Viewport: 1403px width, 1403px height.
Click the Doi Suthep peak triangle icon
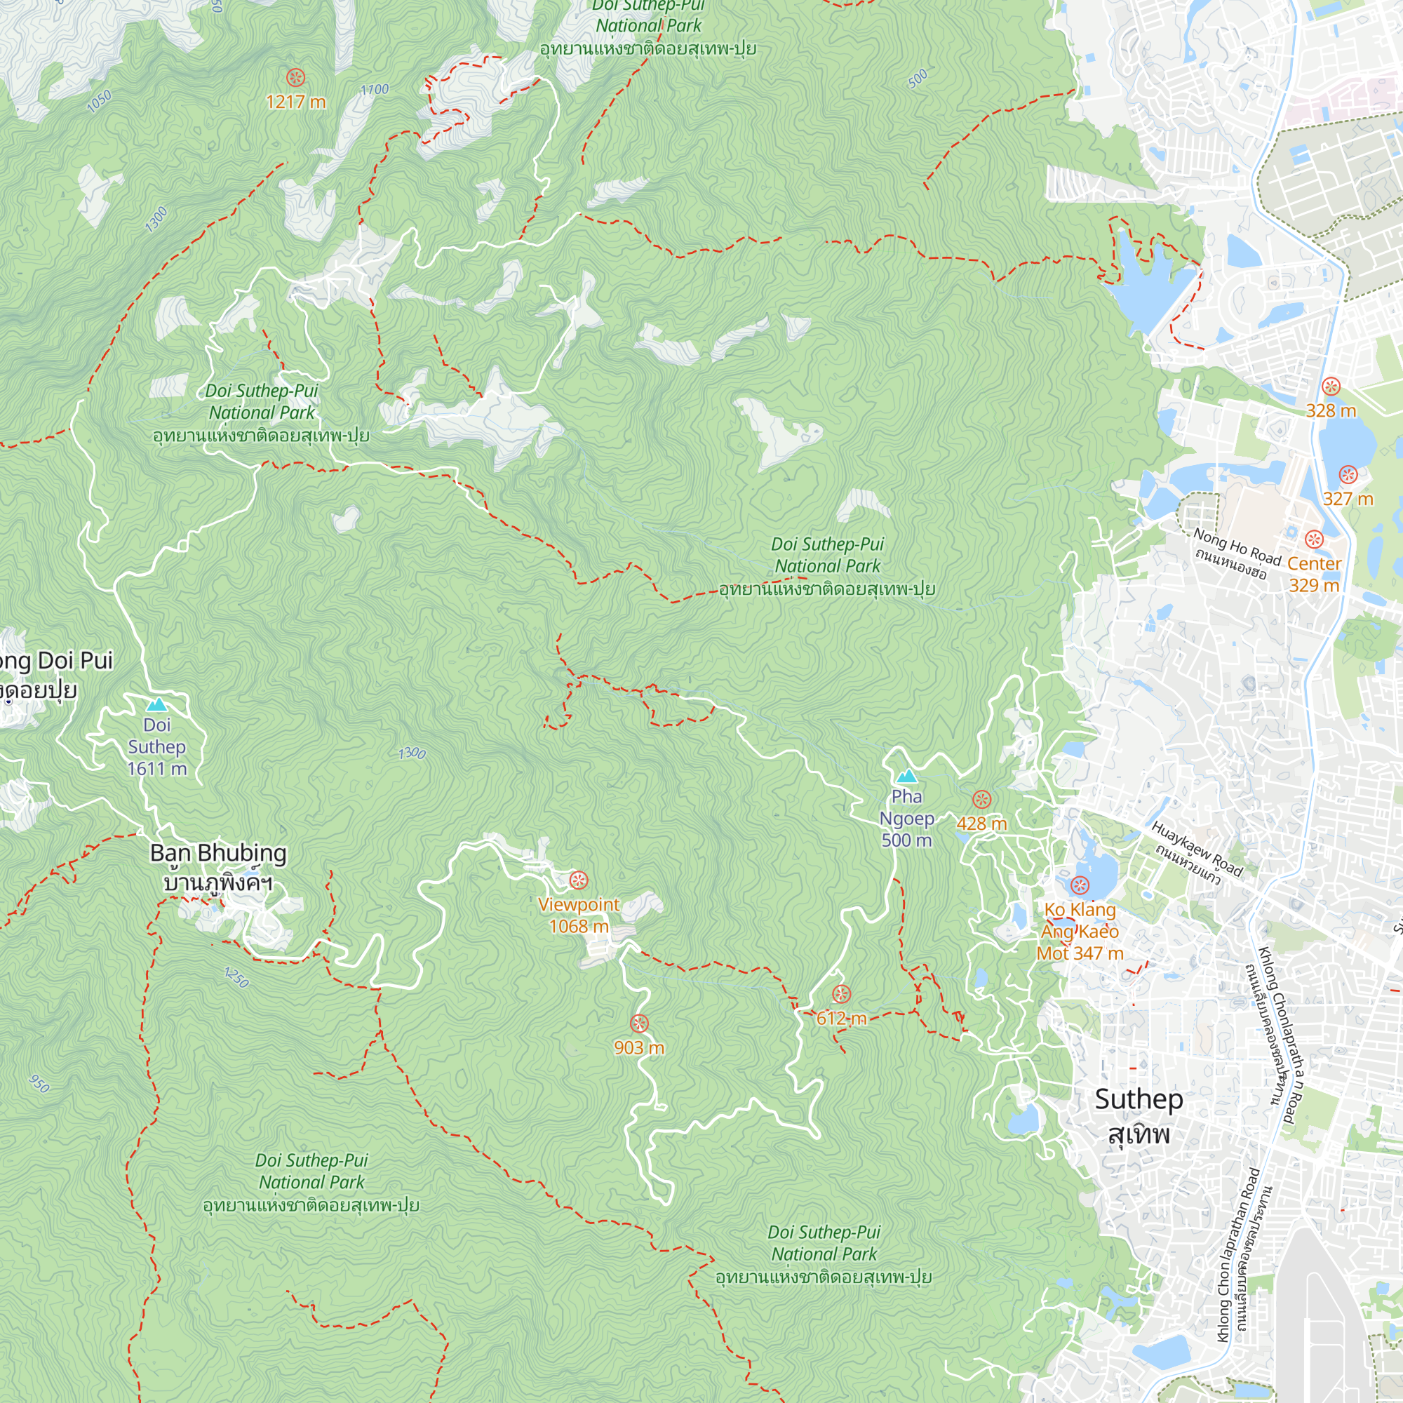coord(156,704)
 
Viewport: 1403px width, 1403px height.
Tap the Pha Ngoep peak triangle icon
coord(906,777)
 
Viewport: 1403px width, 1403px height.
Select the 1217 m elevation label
coord(295,102)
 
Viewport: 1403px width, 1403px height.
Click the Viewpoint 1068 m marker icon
coord(578,880)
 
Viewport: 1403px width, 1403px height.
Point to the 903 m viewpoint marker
coord(639,1024)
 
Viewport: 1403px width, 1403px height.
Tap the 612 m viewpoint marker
coord(841,994)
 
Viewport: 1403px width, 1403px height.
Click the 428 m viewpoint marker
coord(981,800)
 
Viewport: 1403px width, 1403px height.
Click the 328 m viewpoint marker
coord(1330,387)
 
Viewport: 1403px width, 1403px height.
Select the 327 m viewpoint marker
coord(1348,476)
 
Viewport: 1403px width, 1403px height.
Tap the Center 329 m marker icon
coord(1314,539)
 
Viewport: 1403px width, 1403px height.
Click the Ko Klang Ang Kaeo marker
coord(1080,885)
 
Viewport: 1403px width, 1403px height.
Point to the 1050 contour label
coord(99,101)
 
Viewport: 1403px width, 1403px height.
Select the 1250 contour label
coord(236,977)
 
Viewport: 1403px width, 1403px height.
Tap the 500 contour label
coord(918,78)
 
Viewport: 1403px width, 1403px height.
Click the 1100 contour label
coord(375,89)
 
